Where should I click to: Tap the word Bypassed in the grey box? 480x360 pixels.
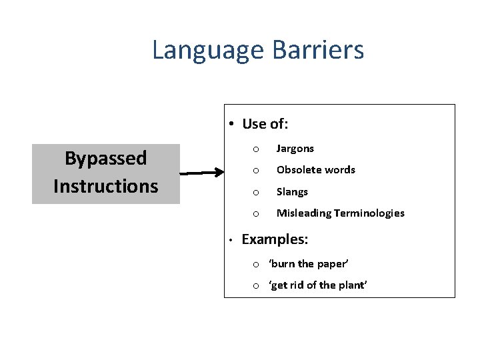(105, 159)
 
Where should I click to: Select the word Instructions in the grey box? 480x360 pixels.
(105, 186)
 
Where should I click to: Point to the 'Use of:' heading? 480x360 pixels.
(265, 124)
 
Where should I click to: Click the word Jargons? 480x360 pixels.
(295, 149)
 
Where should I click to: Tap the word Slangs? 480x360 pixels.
(292, 192)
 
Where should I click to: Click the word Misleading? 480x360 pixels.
(303, 213)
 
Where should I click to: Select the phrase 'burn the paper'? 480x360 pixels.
(308, 264)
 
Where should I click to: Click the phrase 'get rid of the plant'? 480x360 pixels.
(317, 285)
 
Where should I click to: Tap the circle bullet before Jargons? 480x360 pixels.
(255, 149)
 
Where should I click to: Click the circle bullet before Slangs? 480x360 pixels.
(255, 193)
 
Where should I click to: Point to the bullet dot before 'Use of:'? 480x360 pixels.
(229, 124)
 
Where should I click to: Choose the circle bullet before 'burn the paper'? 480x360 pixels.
(255, 265)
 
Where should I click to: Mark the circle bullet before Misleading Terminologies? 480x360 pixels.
(255, 214)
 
